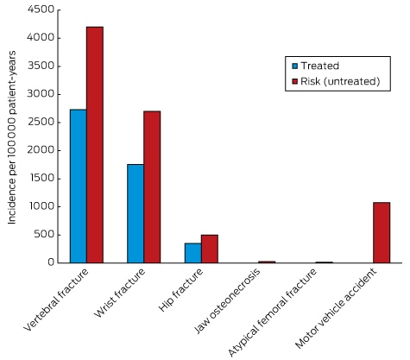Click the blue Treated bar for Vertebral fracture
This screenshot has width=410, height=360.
click(79, 186)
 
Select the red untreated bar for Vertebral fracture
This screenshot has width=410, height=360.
click(95, 145)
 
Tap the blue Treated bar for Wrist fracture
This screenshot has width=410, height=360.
click(136, 213)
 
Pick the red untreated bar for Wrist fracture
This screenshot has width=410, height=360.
click(152, 187)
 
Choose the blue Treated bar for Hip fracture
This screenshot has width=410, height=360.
click(193, 253)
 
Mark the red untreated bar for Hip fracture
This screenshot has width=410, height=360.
click(210, 249)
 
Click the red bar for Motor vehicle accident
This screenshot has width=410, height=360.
click(382, 232)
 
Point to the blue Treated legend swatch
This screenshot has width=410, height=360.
click(295, 66)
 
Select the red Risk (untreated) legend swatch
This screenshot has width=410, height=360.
click(295, 81)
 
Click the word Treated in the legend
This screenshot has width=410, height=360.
click(320, 66)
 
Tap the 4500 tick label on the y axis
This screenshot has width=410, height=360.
click(41, 9)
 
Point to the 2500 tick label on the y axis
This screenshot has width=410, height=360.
click(41, 122)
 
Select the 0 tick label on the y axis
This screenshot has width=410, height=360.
click(51, 262)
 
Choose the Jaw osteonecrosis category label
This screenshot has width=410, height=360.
click(228, 301)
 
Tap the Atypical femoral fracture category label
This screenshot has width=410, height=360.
click(273, 313)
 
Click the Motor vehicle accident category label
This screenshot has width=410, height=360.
click(336, 308)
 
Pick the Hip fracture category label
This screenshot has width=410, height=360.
click(181, 290)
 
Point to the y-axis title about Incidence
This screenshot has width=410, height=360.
click(11, 137)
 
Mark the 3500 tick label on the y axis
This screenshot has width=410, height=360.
click(41, 66)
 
